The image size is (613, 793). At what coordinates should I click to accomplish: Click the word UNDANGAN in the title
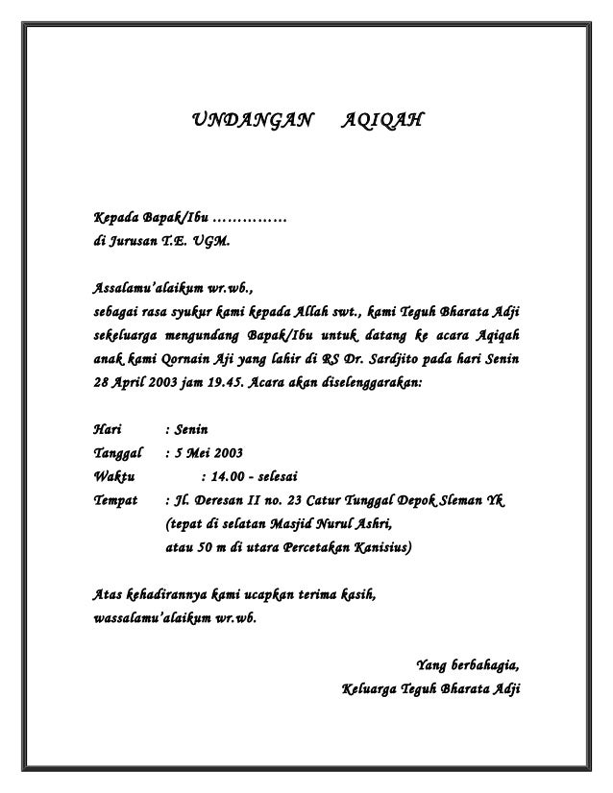pos(253,122)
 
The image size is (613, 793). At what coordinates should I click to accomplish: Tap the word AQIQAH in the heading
pos(380,122)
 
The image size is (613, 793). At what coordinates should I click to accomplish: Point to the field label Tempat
pos(114,500)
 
